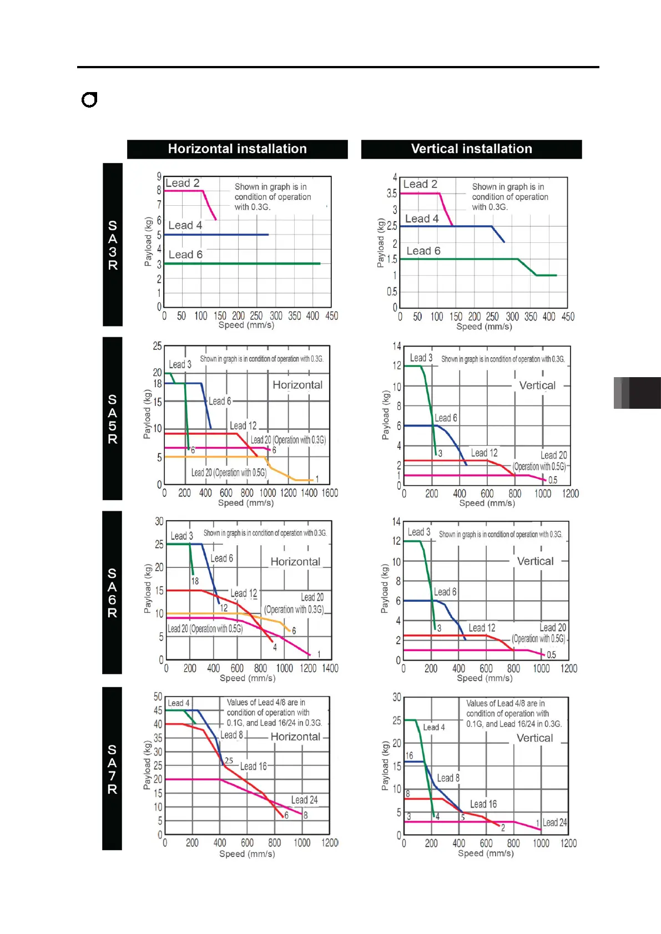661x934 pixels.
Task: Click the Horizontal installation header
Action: [237, 149]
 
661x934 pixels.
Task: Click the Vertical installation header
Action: [471, 149]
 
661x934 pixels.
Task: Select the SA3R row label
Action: [113, 245]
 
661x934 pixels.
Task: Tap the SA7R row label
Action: [112, 769]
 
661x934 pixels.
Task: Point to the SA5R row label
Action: [113, 419]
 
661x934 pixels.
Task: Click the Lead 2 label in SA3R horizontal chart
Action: [183, 183]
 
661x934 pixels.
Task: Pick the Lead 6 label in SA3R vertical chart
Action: [423, 251]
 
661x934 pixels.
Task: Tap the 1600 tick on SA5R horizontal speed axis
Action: [330, 493]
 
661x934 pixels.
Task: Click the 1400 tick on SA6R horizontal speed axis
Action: [330, 668]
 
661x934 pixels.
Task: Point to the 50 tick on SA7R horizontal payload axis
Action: [158, 697]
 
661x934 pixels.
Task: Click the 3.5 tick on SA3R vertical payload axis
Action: [392, 194]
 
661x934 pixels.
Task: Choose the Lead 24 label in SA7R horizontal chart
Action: [305, 800]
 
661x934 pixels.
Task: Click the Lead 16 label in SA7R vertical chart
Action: [483, 804]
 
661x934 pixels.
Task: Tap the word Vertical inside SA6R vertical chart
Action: [535, 561]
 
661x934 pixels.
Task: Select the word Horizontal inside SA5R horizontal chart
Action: [297, 385]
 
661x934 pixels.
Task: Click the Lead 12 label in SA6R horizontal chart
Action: [244, 593]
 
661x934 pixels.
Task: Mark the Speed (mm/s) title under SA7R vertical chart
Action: [486, 854]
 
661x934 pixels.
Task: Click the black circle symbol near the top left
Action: [89, 100]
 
